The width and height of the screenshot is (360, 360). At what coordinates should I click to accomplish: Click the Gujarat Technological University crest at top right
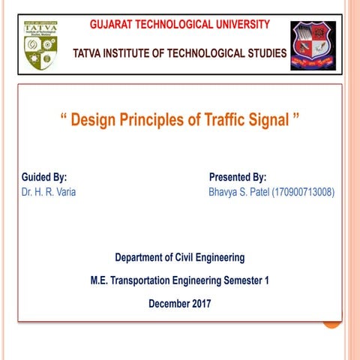point(313,46)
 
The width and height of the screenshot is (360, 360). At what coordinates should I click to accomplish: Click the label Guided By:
point(44,178)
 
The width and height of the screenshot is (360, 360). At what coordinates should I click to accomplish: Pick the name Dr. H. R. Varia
point(49,192)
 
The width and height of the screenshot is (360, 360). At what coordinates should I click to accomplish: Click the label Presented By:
point(237,178)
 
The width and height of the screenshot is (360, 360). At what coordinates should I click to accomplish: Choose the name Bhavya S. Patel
point(238,192)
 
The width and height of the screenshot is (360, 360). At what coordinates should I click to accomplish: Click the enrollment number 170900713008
point(302,192)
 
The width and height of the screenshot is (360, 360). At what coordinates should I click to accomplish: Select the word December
point(168,304)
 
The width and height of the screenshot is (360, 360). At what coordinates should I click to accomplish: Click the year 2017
point(200,304)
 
